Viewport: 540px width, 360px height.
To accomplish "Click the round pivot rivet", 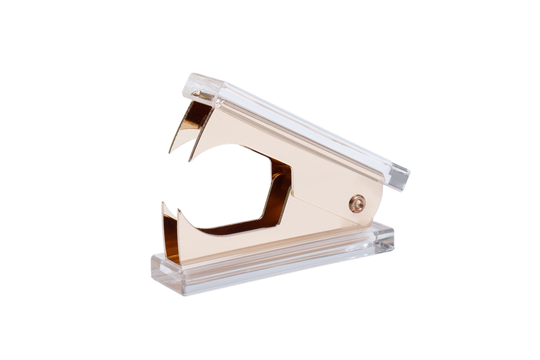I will (357, 203).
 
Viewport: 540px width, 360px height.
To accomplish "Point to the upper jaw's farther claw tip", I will (170, 152).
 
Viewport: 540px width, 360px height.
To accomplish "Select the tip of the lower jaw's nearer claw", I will (180, 212).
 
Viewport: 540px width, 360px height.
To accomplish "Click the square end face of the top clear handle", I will (398, 177).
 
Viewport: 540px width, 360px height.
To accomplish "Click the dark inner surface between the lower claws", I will (171, 237).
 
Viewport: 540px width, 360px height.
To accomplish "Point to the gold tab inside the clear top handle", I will (204, 97).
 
